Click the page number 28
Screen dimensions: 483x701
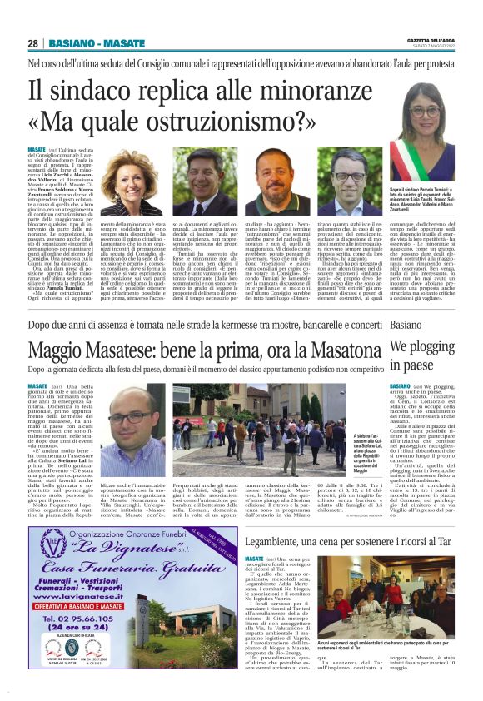(x=33, y=43)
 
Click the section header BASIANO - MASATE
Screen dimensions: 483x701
(x=96, y=43)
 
